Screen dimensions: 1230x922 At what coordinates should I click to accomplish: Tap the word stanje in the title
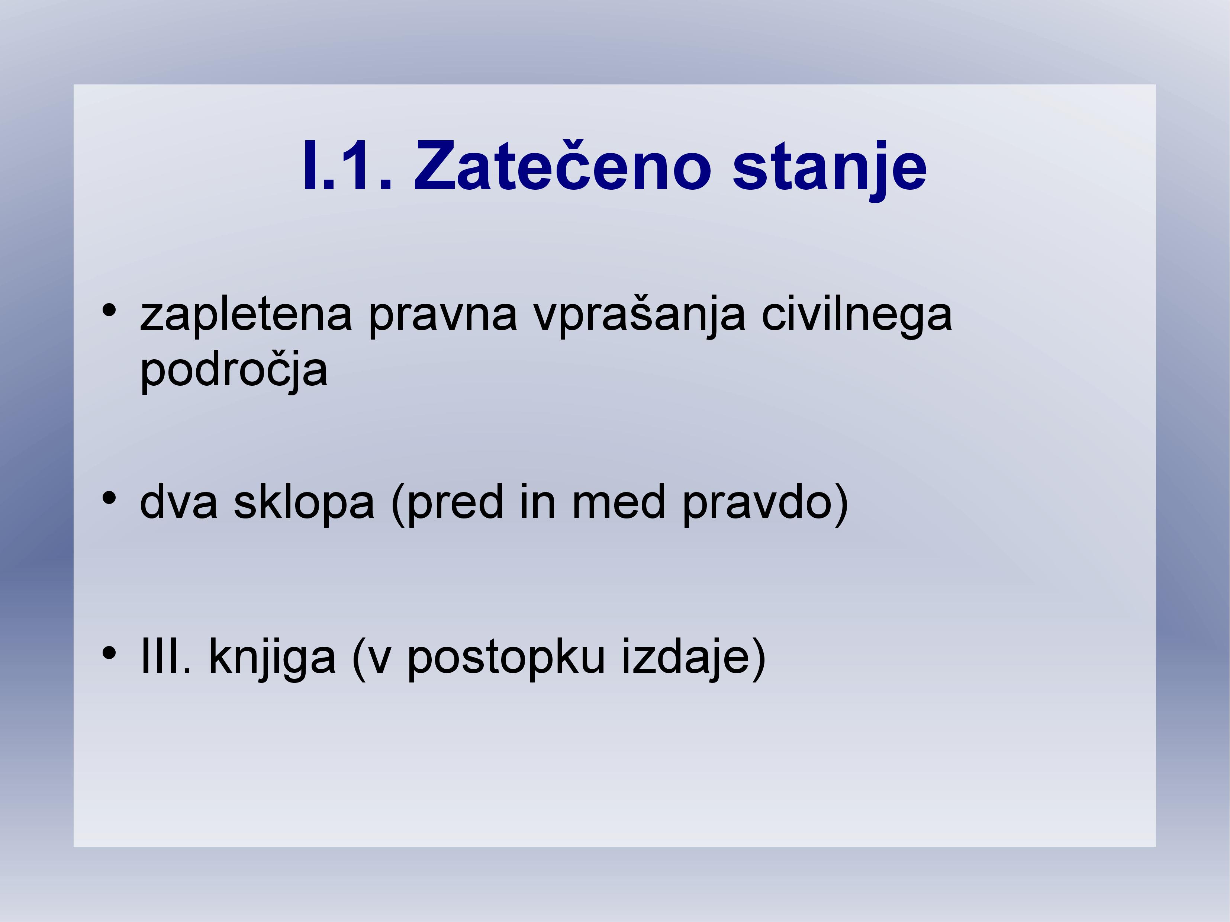tap(830, 169)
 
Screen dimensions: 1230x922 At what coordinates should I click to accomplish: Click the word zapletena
tap(246, 315)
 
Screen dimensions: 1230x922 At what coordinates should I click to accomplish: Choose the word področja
tap(234, 370)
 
